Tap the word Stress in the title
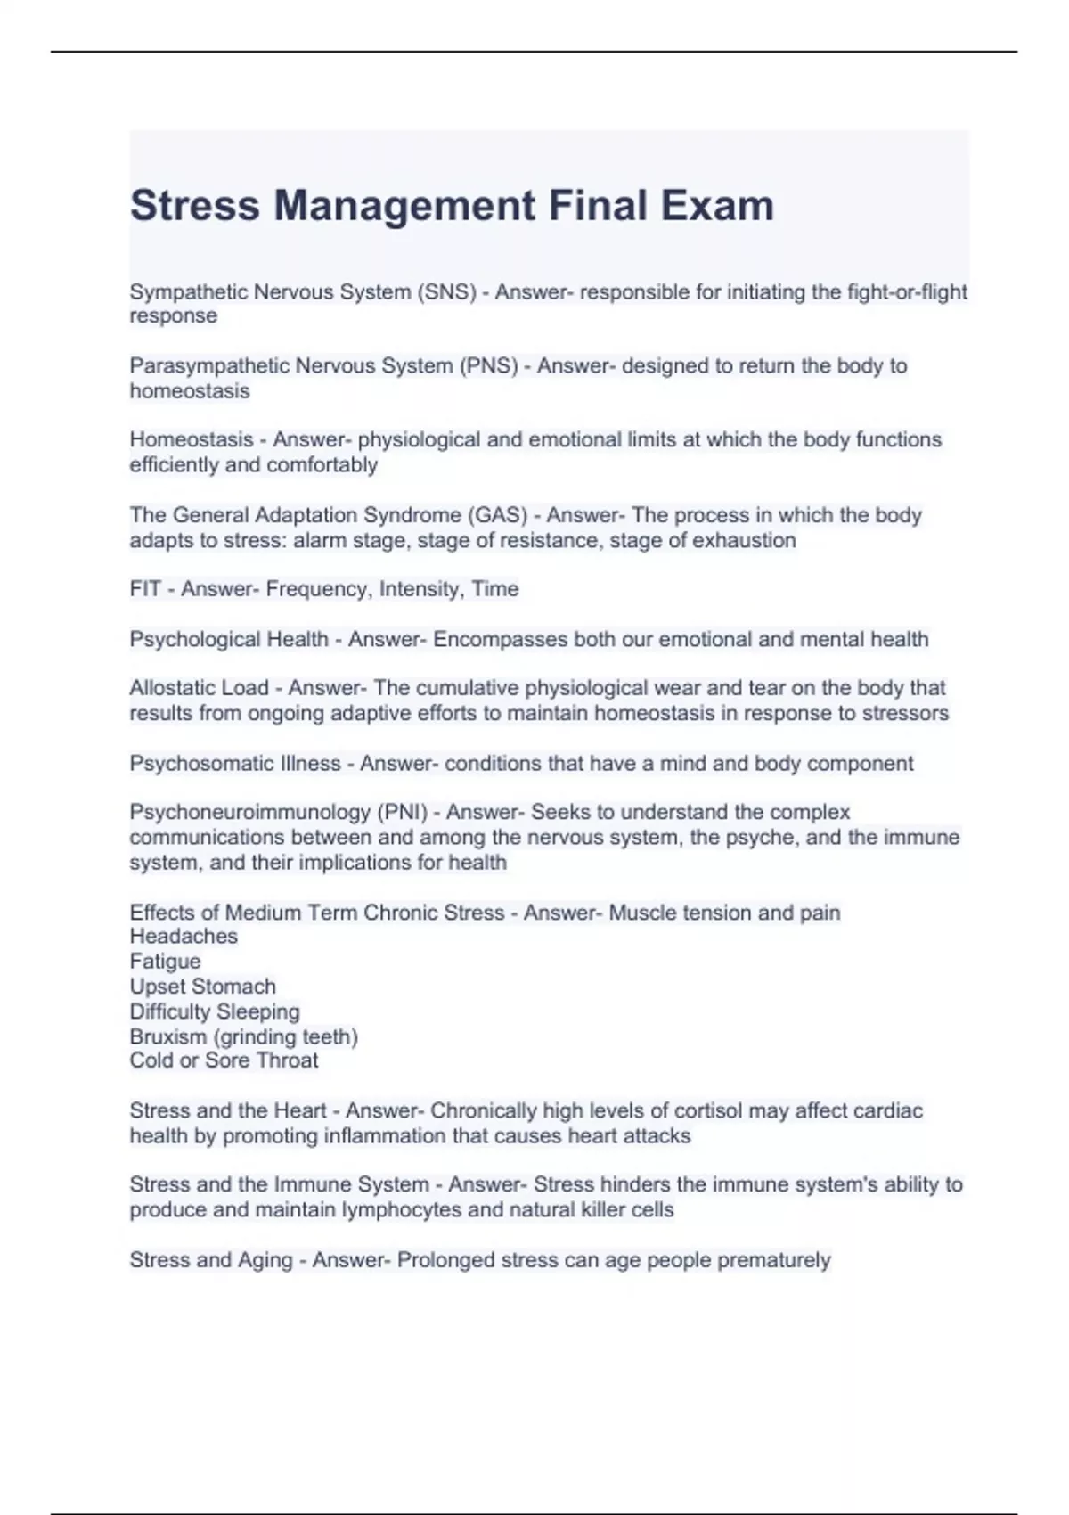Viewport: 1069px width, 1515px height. pos(195,206)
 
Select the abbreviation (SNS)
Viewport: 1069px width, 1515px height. pos(446,292)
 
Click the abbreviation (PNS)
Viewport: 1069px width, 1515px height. pos(488,366)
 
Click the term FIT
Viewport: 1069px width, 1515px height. pos(145,589)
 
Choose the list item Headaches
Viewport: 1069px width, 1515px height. pos(184,936)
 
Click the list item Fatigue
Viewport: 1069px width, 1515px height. pos(165,962)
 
